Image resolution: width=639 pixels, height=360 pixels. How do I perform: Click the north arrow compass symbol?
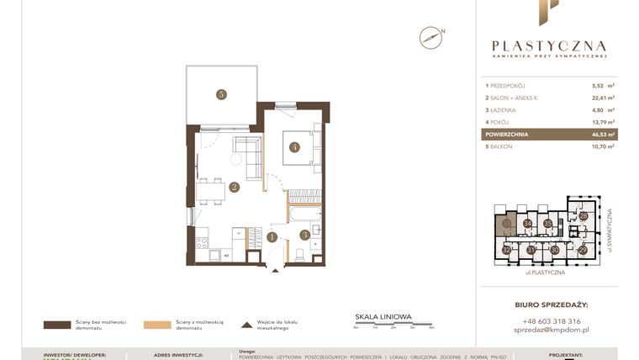tap(430, 37)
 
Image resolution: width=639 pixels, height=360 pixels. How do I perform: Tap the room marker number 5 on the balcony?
tap(220, 95)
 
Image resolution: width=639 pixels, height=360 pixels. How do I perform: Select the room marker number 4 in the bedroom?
tap(294, 147)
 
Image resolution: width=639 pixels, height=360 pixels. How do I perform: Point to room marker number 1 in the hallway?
tap(272, 237)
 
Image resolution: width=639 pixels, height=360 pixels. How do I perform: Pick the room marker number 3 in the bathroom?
tap(304, 235)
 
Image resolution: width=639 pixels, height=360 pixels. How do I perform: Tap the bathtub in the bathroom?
tap(303, 214)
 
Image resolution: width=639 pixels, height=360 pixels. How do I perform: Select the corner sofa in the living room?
tap(245, 151)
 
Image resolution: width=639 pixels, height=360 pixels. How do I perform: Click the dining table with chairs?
tap(209, 192)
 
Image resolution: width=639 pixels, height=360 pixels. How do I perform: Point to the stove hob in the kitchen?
tap(202, 243)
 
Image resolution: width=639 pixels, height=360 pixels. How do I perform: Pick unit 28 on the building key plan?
tap(583, 216)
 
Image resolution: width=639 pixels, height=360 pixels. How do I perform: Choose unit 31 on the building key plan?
tap(531, 250)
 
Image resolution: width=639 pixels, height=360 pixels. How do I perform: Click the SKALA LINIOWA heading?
tap(383, 317)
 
